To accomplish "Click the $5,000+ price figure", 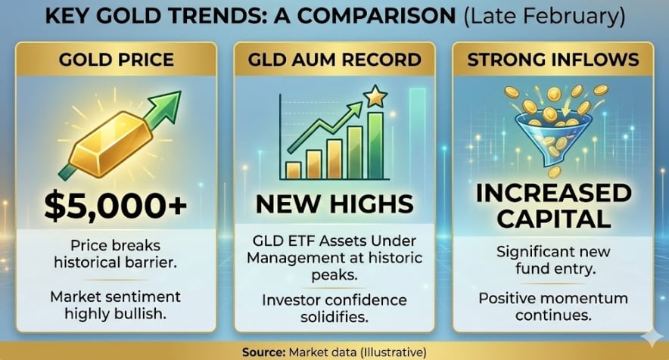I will (116, 206).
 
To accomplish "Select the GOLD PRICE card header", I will (116, 59).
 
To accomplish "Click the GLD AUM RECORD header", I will (334, 59).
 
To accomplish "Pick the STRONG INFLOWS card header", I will (553, 59).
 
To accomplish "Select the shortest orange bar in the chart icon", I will (294, 169).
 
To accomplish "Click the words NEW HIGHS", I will (334, 203).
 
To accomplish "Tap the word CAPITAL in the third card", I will (553, 219).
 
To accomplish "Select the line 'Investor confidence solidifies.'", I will (334, 308).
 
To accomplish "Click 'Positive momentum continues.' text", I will (553, 306).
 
